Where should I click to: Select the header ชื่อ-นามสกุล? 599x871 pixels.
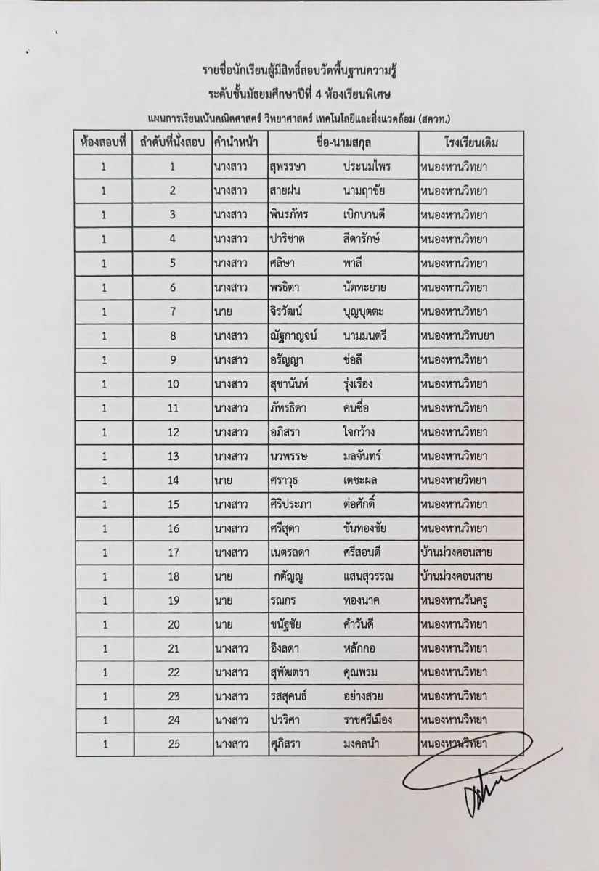343,142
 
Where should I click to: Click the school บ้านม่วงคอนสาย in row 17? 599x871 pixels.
457,552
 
